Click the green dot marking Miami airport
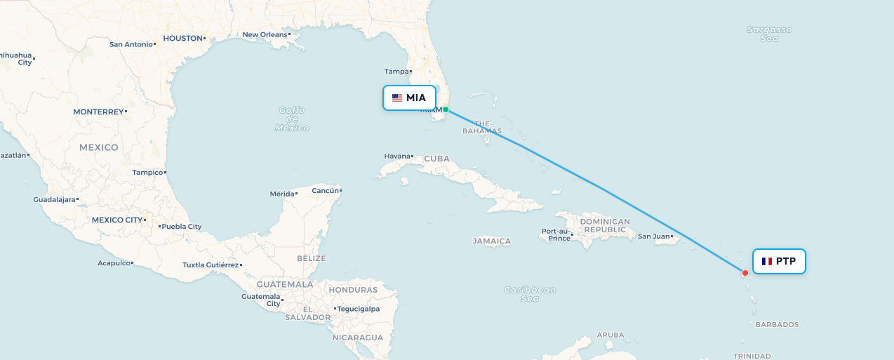445,109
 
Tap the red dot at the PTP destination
745,273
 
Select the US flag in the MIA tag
397,98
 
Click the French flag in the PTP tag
767,261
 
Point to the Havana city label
397,156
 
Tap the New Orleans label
265,34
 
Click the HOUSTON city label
182,38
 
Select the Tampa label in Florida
396,71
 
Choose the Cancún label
325,190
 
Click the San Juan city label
653,236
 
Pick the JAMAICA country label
492,241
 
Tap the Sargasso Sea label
769,34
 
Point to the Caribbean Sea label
530,294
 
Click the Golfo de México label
292,119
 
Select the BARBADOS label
777,324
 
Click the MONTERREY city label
98,112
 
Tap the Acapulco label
114,263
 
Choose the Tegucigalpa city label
359,309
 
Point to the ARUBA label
611,335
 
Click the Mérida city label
283,194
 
